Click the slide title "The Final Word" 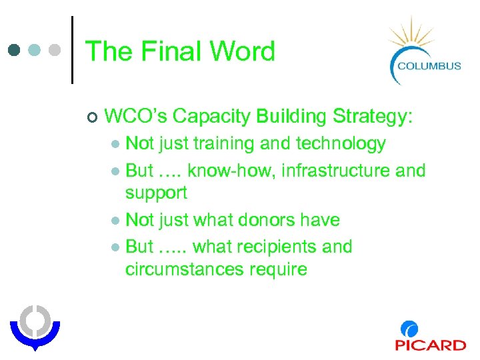click(180, 51)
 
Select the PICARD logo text click(430, 344)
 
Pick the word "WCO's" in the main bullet click(136, 117)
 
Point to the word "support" click(156, 193)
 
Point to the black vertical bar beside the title click(71, 50)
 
